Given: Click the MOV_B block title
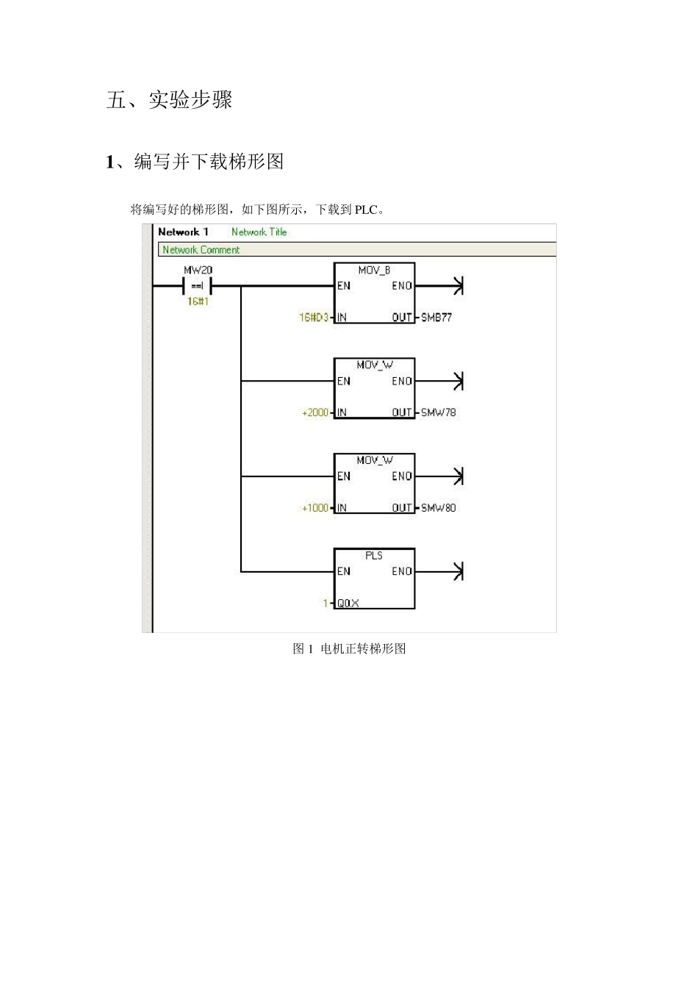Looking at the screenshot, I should pos(374,271).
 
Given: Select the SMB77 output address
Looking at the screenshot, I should pos(436,318).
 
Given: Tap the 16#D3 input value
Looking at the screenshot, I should pos(314,318).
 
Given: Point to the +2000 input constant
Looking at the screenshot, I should pos(315,412).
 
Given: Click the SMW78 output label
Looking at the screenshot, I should pos(438,412).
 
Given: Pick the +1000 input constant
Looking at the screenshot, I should pos(315,508).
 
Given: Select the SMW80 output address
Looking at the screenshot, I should pos(438,508).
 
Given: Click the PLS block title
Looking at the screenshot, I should pos(374,556).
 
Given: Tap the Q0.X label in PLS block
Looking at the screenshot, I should pos(348,604).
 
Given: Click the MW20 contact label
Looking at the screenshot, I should pos(198,271).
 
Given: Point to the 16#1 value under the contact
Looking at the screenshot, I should pos(198,301).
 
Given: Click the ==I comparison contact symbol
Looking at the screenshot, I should pos(198,286).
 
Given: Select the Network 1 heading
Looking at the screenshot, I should pos(183,232).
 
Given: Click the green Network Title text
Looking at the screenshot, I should pos(259,232).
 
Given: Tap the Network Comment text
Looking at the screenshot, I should pos(201,250).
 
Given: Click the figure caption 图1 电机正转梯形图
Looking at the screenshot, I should pos(349,648).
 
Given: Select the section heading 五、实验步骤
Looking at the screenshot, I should pos(169,99).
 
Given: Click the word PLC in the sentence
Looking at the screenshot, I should pos(366,210).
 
